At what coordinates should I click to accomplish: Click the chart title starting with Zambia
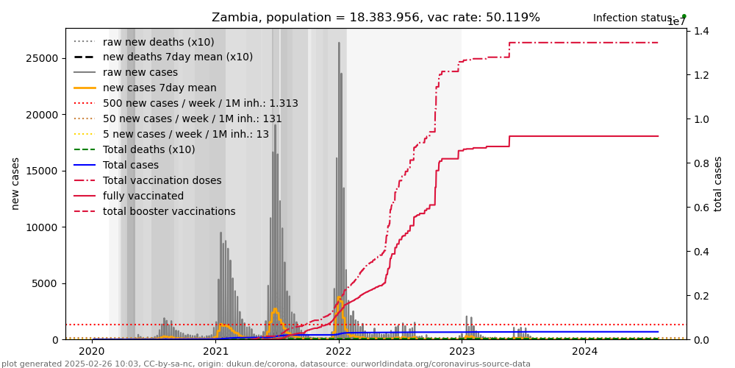tap(376, 18)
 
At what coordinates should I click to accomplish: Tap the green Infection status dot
tap(684, 16)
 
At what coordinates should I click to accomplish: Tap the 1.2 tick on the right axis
tap(700, 75)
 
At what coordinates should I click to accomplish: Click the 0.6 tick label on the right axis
tap(700, 208)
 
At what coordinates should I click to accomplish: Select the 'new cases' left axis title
tap(15, 183)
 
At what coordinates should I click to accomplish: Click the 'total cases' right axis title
tap(719, 183)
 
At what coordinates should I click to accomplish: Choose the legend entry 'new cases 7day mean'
tap(159, 88)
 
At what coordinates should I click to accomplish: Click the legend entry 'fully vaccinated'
tap(143, 197)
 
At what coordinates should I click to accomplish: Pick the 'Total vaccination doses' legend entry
tap(162, 181)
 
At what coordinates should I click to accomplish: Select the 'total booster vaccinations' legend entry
tap(169, 212)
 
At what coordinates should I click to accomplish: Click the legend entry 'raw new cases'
tap(140, 73)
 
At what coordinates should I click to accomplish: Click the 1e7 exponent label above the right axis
tap(676, 22)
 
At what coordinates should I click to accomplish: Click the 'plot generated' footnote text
tap(265, 364)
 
